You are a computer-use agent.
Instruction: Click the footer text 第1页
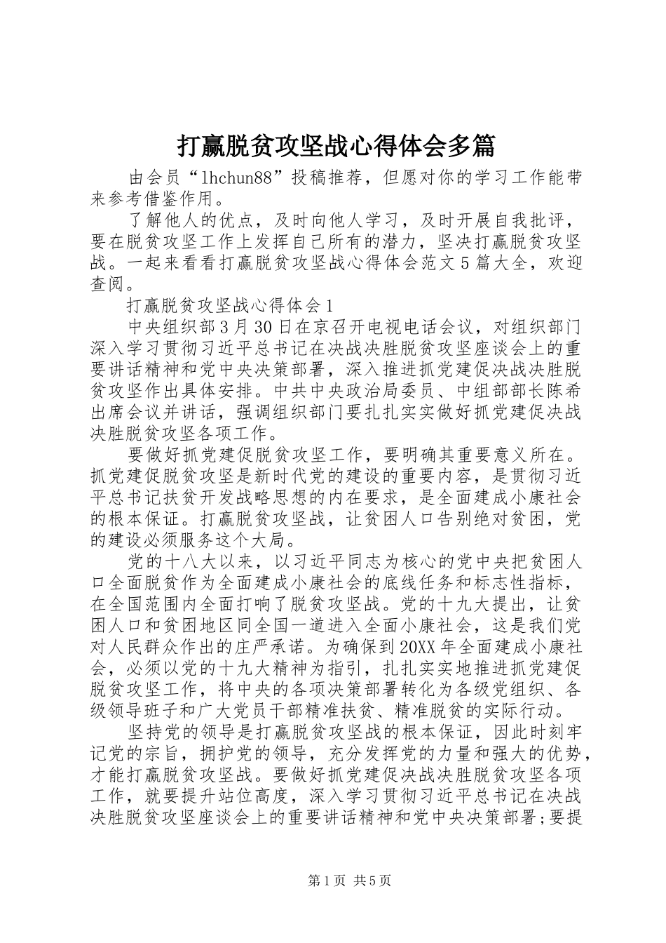pos(316,880)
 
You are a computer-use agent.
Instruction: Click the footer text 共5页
pos(372,880)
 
